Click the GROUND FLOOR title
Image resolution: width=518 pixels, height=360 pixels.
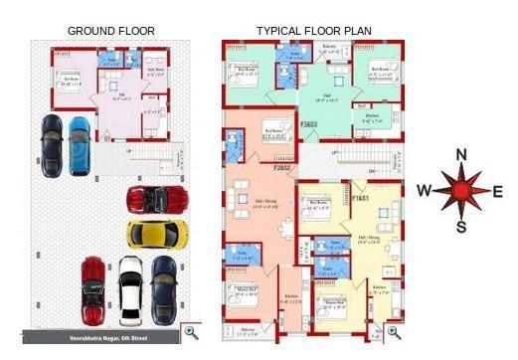coord(110,31)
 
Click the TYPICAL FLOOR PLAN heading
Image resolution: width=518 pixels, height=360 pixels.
coord(313,31)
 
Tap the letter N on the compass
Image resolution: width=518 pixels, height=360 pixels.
coord(460,154)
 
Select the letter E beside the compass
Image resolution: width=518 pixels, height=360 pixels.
coord(497,191)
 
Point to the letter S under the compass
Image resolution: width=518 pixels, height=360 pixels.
coord(460,227)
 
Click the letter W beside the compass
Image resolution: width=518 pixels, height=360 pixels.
coord(424,191)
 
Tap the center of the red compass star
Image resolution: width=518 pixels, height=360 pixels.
coord(460,191)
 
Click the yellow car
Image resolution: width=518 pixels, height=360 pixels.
coord(157,234)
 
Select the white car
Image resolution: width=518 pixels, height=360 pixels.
coord(130,289)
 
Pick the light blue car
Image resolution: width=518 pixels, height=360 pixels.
coord(79,145)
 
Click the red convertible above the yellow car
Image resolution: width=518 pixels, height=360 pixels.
coord(157,199)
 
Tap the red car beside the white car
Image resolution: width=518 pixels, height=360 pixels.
coord(93,289)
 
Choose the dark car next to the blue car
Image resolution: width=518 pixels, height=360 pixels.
coord(51,145)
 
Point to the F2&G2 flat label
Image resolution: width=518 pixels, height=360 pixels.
coord(281,168)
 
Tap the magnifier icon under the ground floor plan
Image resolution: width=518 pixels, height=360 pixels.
coord(190,332)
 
